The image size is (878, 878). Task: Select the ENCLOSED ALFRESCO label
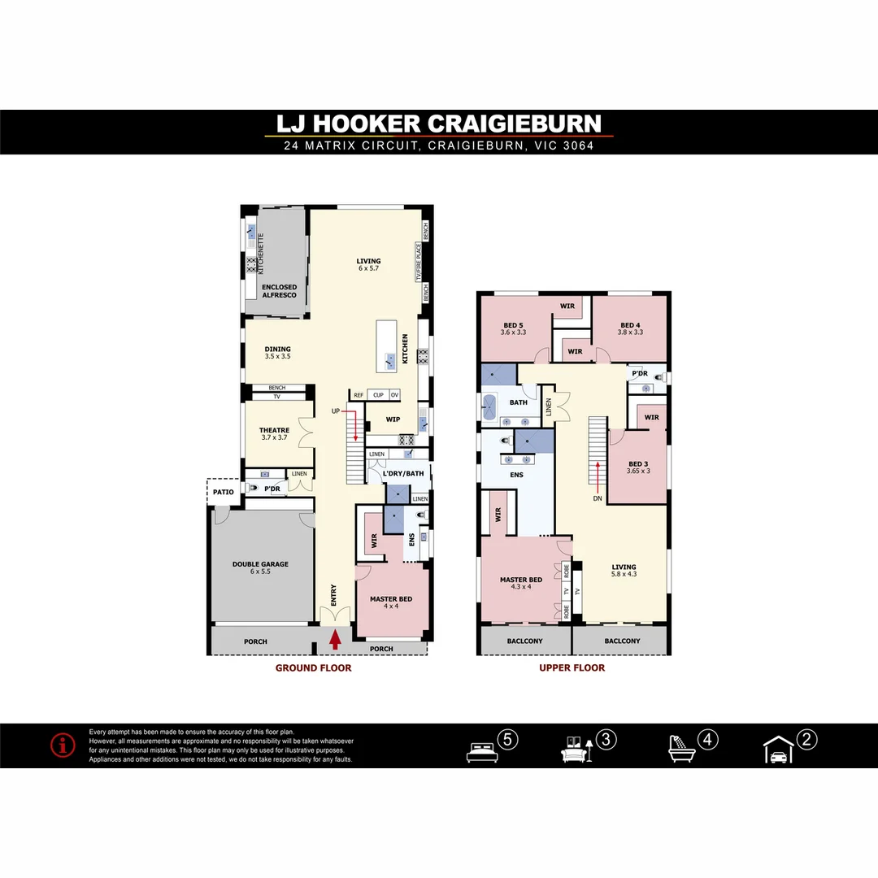pos(280,290)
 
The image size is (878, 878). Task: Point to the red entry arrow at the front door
pos(335,640)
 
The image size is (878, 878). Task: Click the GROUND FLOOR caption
pos(313,668)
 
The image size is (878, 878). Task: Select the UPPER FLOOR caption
pos(572,668)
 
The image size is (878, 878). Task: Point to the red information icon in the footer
pos(63,745)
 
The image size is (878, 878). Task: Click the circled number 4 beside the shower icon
pos(707,741)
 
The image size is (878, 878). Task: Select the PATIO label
pos(223,492)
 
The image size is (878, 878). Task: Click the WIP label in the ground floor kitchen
pos(393,419)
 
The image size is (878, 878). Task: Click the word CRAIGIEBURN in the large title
pos(514,124)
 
